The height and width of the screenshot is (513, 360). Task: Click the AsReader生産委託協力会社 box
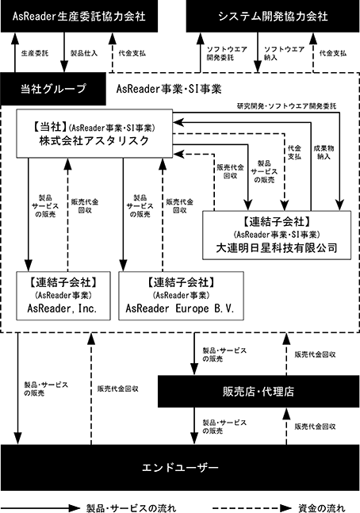79,16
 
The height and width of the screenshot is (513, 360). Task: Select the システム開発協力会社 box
273,16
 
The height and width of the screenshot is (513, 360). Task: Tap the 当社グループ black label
53,89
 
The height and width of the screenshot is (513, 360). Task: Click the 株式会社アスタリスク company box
94,133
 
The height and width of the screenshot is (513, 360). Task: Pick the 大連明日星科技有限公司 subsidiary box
277,235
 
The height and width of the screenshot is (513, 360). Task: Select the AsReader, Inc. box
63,296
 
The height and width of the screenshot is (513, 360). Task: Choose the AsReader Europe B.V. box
181,296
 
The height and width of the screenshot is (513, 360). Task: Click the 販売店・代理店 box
259,392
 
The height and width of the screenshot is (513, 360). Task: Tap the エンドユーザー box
180,467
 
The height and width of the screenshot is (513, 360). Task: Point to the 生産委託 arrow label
35,53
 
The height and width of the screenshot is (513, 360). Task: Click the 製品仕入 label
84,53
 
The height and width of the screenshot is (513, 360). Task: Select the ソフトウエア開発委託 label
227,53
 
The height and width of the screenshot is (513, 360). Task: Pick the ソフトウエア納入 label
284,53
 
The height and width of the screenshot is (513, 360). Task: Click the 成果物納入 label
324,152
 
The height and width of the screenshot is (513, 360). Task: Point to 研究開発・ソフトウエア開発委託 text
286,106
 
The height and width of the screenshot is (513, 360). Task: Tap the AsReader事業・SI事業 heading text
169,89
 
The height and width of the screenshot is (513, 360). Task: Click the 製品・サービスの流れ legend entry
131,508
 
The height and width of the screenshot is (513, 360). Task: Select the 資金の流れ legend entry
322,508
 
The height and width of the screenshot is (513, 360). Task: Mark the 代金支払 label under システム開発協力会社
333,53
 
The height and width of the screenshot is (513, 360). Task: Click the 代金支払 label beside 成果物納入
294,152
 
